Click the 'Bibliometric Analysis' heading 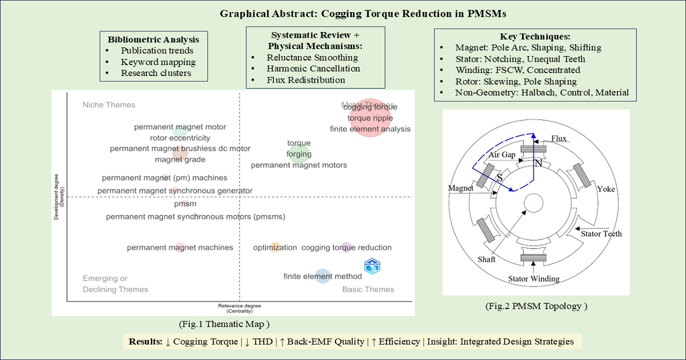154,39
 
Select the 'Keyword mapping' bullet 158,62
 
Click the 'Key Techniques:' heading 531,37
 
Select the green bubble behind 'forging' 299,153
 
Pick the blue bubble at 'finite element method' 323,277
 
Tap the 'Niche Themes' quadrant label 109,105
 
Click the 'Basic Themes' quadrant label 368,289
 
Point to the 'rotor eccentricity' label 180,138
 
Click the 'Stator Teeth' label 601,233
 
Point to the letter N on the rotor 537,163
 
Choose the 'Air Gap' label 502,155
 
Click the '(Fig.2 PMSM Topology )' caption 536,306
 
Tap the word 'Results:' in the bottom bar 146,342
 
